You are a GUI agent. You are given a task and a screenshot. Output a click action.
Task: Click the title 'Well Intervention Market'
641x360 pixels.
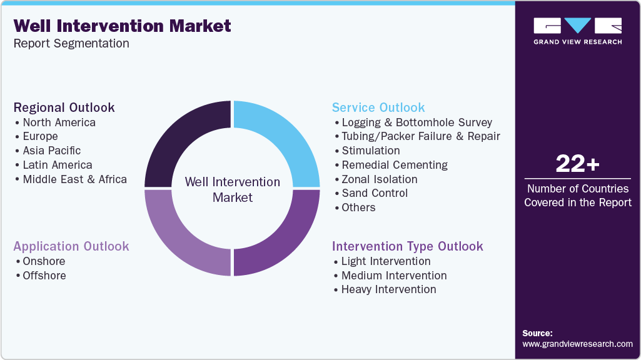(122, 26)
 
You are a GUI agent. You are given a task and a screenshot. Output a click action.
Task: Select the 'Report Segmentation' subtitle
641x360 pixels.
(71, 44)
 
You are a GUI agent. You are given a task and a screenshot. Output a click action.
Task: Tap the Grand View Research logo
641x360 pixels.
(577, 31)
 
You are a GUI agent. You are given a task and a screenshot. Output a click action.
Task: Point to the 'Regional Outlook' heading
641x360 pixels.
(64, 107)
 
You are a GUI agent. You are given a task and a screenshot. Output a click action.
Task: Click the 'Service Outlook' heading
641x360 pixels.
(378, 107)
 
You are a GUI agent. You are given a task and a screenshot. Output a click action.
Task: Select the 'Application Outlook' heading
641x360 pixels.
(71, 246)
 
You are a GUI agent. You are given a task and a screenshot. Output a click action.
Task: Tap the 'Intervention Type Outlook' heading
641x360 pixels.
(407, 246)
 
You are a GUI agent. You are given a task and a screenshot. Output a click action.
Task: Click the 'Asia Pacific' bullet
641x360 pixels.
(51, 151)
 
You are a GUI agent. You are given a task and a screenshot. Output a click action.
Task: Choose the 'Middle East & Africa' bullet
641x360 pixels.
(74, 179)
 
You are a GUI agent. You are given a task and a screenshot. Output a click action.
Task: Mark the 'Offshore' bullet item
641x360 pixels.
(44, 276)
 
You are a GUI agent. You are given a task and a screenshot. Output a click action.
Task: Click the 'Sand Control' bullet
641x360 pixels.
(374, 193)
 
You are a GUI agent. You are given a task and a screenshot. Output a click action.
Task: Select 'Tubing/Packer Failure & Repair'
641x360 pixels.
(420, 136)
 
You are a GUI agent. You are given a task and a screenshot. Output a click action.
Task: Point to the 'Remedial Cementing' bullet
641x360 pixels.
(394, 165)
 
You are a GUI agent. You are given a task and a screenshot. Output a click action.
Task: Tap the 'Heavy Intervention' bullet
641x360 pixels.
(388, 289)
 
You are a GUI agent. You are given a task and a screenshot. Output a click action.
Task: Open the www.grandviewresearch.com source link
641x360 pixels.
(577, 344)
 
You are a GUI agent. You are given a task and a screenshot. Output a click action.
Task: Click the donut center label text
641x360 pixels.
(232, 189)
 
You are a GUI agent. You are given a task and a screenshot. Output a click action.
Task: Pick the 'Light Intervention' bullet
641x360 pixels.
(385, 261)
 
